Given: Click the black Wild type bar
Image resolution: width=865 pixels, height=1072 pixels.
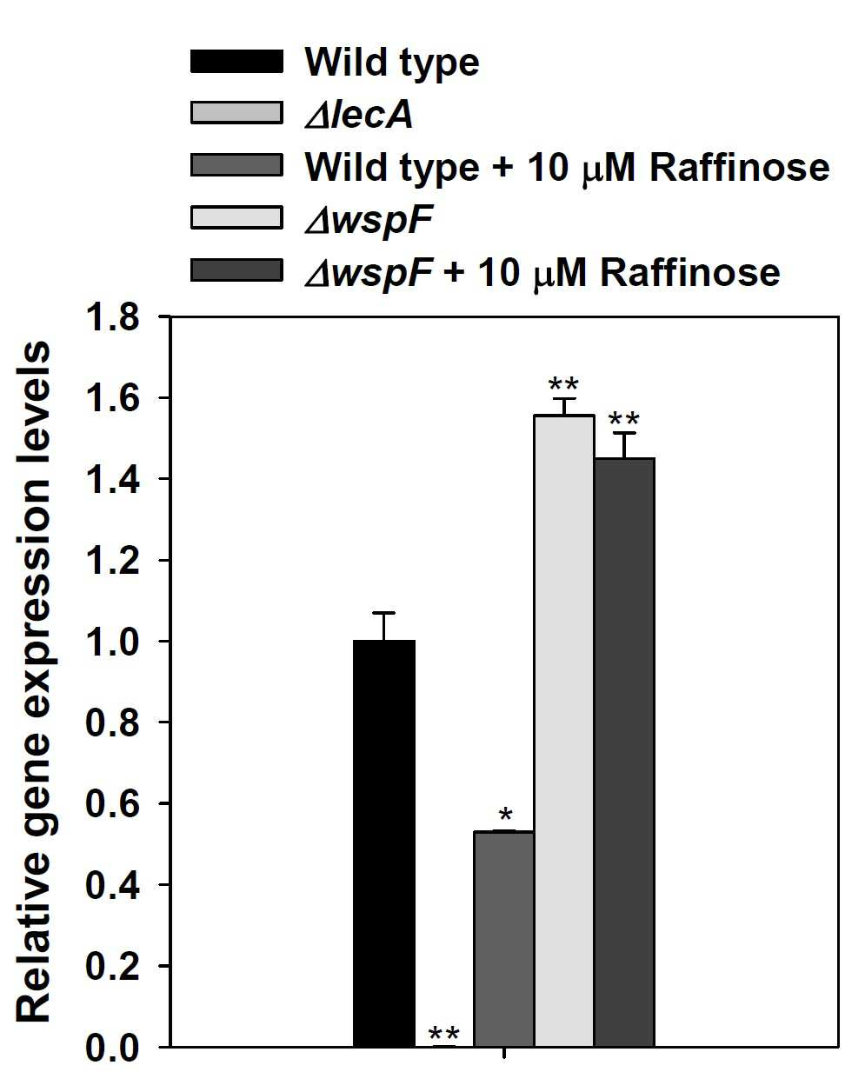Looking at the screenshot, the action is (x=384, y=842).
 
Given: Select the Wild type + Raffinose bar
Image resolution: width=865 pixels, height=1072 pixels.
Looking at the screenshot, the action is (x=503, y=938).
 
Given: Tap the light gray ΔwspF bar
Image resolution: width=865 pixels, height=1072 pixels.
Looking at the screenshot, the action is (x=564, y=730).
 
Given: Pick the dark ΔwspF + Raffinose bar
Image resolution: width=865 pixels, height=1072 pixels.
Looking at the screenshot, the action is (x=624, y=752).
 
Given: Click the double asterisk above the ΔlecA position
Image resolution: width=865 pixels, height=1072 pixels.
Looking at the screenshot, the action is (x=443, y=1033).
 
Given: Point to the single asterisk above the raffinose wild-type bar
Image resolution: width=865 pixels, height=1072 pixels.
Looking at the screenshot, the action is (x=505, y=816).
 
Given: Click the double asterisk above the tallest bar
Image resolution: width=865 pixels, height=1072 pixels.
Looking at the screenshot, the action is (x=563, y=383).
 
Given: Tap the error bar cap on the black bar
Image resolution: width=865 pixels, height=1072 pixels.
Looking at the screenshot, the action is (x=383, y=612).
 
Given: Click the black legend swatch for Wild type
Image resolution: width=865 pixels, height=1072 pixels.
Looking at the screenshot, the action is (x=236, y=61).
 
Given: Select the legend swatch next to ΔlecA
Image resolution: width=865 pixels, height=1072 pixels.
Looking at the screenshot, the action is (x=236, y=112).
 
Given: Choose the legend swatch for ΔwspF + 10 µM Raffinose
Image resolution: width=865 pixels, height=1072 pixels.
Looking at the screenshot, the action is (x=236, y=270).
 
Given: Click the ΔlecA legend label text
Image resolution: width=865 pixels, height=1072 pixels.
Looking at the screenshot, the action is (x=359, y=114).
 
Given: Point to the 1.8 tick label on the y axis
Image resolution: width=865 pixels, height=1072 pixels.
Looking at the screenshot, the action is (x=113, y=316).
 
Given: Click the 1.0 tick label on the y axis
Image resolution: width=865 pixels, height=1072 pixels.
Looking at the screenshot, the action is (x=113, y=641).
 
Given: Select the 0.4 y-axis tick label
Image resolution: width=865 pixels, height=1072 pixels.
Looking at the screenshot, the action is (x=113, y=884).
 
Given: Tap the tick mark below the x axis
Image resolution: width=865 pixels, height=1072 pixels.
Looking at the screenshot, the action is (x=504, y=1052).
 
